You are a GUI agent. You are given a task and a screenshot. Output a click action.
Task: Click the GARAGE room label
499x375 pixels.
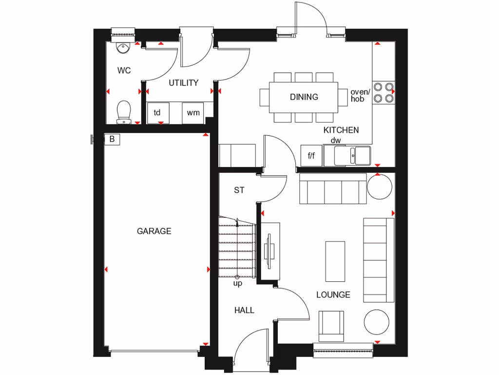click(x=154, y=231)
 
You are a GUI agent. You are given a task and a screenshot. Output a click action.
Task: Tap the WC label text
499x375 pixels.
click(x=124, y=71)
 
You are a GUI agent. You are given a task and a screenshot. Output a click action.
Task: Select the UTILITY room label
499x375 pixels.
click(x=184, y=83)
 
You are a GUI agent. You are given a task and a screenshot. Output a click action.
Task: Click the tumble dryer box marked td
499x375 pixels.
click(x=158, y=113)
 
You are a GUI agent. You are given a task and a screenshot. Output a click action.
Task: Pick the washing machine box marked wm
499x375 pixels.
click(x=193, y=113)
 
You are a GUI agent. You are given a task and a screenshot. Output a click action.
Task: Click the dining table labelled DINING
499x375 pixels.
click(x=304, y=97)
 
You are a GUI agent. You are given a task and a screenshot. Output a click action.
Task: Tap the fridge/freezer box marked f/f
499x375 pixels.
click(x=311, y=156)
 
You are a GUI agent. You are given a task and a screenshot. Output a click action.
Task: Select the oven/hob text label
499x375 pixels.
click(x=361, y=95)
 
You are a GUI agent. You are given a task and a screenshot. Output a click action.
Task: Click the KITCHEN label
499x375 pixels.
click(x=341, y=130)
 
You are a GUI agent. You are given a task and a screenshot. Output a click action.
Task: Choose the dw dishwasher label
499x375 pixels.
click(x=336, y=141)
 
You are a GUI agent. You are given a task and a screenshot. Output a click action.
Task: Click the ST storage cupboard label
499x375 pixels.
click(x=239, y=190)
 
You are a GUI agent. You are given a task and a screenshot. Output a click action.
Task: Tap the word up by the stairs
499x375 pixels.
click(x=238, y=283)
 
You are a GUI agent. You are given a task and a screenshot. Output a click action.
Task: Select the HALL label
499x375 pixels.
click(x=244, y=310)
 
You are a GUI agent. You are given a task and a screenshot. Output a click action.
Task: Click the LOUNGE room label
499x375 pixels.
click(x=333, y=295)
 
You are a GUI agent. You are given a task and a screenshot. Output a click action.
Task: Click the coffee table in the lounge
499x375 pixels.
click(x=335, y=261)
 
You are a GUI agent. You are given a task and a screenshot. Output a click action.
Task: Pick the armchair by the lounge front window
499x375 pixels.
click(x=331, y=326)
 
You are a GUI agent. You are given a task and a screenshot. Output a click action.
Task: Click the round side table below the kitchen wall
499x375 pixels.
click(x=380, y=186)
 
